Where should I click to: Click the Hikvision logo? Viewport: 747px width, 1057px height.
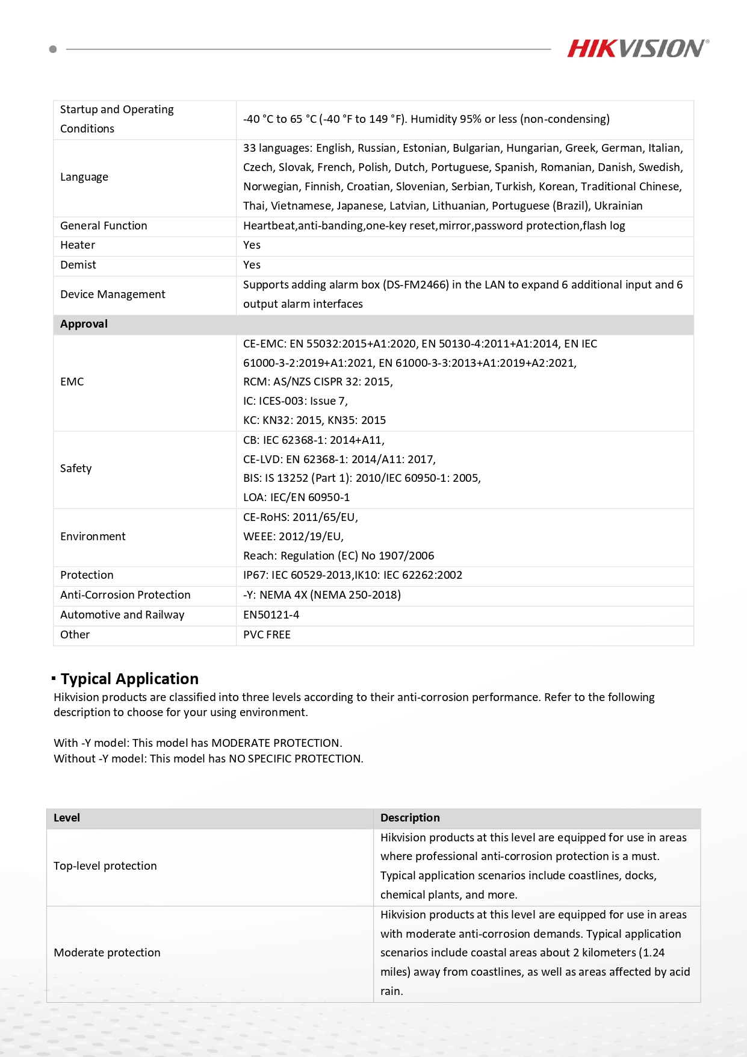(x=637, y=48)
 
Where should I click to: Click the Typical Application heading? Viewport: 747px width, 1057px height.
(x=129, y=679)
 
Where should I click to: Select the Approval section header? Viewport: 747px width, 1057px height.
(x=84, y=324)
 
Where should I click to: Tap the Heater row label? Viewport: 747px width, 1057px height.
(x=78, y=245)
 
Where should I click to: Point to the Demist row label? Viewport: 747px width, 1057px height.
(x=78, y=265)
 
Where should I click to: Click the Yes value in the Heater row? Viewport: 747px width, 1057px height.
(x=252, y=245)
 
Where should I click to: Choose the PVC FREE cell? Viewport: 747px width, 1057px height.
(x=267, y=635)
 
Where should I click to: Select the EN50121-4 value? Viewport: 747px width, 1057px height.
(x=271, y=615)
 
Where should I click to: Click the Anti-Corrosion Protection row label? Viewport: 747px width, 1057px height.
(x=125, y=595)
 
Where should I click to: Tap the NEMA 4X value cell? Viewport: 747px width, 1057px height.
(x=322, y=595)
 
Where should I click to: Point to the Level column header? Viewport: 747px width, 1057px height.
(x=67, y=818)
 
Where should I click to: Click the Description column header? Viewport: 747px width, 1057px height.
(x=410, y=818)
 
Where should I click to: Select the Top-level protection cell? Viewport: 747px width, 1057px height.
(x=105, y=866)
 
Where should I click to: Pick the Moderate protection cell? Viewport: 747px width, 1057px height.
(x=107, y=953)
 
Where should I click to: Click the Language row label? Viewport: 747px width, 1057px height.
(x=84, y=177)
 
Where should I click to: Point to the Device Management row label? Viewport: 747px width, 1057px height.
(x=113, y=295)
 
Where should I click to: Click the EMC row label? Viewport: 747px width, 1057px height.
(x=72, y=382)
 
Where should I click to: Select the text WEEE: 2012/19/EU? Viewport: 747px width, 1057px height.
(x=293, y=537)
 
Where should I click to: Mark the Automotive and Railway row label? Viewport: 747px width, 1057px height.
(x=122, y=615)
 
